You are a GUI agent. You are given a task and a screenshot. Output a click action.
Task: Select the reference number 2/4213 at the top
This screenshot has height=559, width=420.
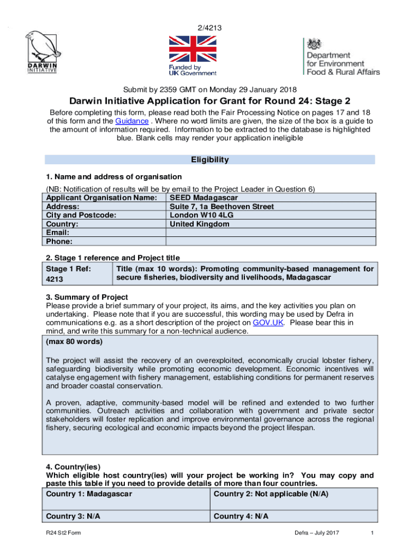(209, 28)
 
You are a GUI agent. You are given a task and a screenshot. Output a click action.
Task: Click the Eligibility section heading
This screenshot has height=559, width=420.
(209, 160)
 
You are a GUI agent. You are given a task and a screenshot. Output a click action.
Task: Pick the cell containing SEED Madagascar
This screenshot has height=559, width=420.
(204, 198)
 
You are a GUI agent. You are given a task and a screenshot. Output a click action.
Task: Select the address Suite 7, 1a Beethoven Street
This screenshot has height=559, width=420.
(221, 206)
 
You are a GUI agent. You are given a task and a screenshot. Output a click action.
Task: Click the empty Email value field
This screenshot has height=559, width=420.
(271, 233)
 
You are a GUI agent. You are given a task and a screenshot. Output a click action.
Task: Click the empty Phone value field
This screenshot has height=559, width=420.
(271, 241)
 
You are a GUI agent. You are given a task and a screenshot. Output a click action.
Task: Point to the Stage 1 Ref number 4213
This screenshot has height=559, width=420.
(55, 279)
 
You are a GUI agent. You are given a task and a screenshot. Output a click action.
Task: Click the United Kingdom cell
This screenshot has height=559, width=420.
(200, 224)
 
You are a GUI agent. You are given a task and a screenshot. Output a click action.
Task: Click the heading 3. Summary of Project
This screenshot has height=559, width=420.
(87, 297)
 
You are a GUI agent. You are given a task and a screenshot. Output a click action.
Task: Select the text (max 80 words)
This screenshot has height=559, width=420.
(75, 342)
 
